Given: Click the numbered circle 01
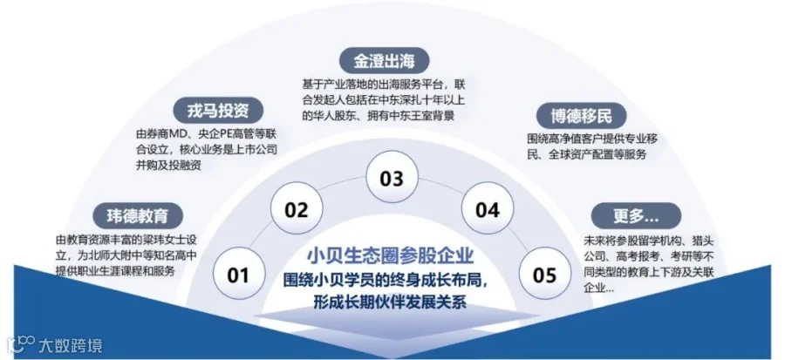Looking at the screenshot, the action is [x=238, y=274].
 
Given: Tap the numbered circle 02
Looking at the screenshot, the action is [x=296, y=209].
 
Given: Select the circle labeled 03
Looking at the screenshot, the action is [x=392, y=178].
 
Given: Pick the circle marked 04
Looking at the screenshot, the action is [x=487, y=209].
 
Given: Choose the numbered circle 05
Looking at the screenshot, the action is [x=544, y=274].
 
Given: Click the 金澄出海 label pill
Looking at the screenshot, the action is [x=385, y=61].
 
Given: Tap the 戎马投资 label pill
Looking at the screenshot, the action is [x=218, y=111].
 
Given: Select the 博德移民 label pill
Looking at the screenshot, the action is [x=581, y=117].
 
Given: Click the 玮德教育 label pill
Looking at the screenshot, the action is [x=138, y=216].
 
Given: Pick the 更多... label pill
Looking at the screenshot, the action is [x=636, y=215].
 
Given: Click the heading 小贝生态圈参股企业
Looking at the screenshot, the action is [x=390, y=255].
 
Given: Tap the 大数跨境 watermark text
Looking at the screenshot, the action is [x=71, y=345].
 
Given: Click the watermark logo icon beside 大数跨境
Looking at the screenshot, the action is [x=21, y=345].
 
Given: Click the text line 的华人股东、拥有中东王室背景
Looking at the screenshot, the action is [x=379, y=116].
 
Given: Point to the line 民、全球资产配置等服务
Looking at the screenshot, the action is [x=587, y=154].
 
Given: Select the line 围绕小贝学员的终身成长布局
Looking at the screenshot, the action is [x=386, y=280].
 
